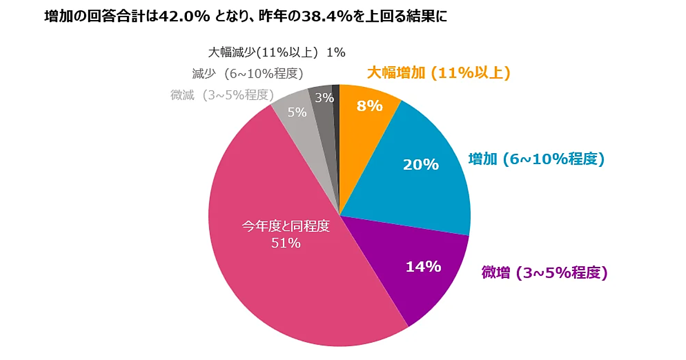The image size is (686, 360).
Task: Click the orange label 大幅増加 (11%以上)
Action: [x=438, y=73]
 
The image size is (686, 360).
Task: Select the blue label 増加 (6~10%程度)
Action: [x=536, y=159]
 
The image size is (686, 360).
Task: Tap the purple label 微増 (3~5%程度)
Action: [x=544, y=273]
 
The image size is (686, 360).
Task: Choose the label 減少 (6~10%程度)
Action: [x=248, y=73]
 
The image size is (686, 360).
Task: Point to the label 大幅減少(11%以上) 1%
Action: [x=276, y=53]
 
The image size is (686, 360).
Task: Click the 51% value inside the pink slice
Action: [x=286, y=243]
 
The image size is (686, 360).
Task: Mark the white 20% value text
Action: [x=421, y=165]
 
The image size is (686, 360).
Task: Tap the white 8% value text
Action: [x=369, y=106]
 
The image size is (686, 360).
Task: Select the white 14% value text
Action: [x=423, y=266]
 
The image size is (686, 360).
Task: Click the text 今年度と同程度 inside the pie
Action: [x=286, y=226]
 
